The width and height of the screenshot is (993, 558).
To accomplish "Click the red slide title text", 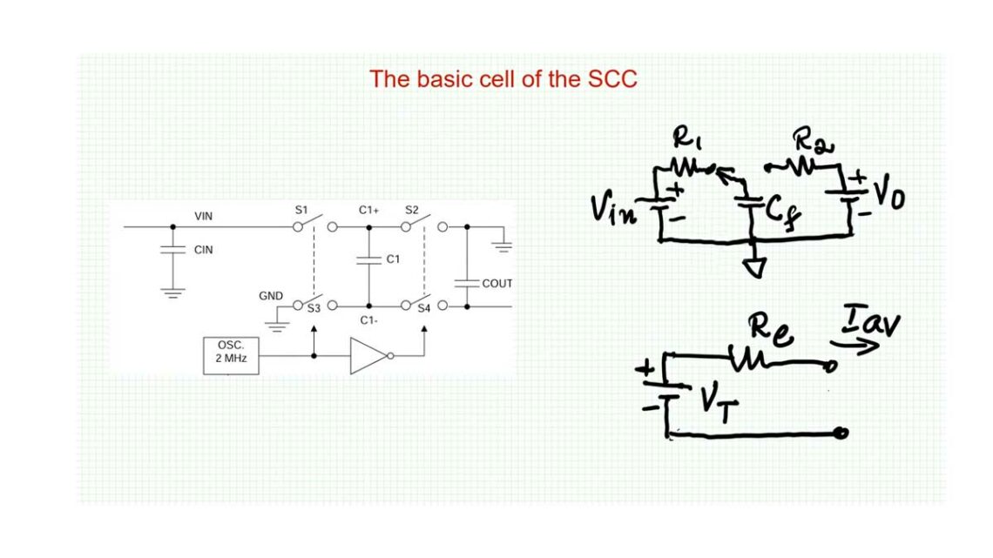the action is coord(503,79).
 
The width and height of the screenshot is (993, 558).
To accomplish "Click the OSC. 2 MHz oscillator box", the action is coord(231,355).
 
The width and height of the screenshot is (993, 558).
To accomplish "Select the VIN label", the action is coord(203,217).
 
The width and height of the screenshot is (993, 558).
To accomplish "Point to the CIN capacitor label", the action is coord(203,250).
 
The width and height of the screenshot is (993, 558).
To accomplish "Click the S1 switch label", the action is coord(301,210).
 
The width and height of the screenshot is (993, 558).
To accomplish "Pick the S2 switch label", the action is coord(412,210).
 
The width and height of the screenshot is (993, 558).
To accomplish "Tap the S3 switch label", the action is coord(314,308).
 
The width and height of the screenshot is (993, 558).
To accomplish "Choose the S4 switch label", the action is coord(424,308).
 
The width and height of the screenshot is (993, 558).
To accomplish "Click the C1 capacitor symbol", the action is coord(369,259).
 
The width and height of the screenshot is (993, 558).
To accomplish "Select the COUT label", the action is coord(497,284).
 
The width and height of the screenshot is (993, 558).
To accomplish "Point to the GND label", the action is coord(271,296).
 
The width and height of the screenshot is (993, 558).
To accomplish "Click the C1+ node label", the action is coord(368,210).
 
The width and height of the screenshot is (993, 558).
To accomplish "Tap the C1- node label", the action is coord(368,320).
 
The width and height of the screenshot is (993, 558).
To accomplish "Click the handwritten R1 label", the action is coord(686,137).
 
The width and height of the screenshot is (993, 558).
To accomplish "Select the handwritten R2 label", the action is coord(813,140).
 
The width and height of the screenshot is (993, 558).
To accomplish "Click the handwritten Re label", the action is coord(770,330).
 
